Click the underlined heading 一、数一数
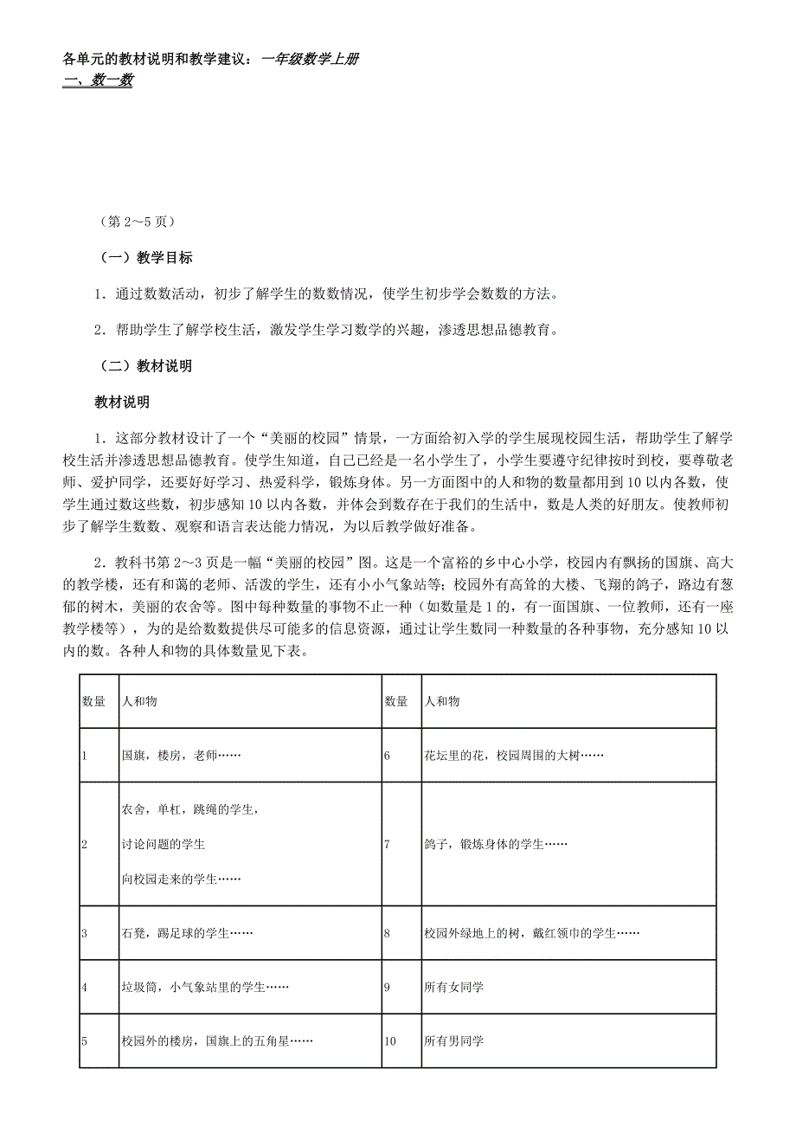point(99,81)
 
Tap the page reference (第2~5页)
point(138,222)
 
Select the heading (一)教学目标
point(144,258)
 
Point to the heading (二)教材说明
point(144,366)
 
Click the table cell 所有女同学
point(454,987)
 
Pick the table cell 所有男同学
point(454,1040)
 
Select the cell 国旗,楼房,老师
point(181,755)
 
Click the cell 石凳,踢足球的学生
point(187,933)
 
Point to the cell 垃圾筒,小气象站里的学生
point(204,987)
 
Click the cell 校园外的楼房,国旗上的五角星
point(216,1040)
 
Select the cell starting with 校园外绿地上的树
point(531,933)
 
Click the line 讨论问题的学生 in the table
point(164,844)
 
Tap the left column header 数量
point(93,701)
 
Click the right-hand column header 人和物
point(442,701)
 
